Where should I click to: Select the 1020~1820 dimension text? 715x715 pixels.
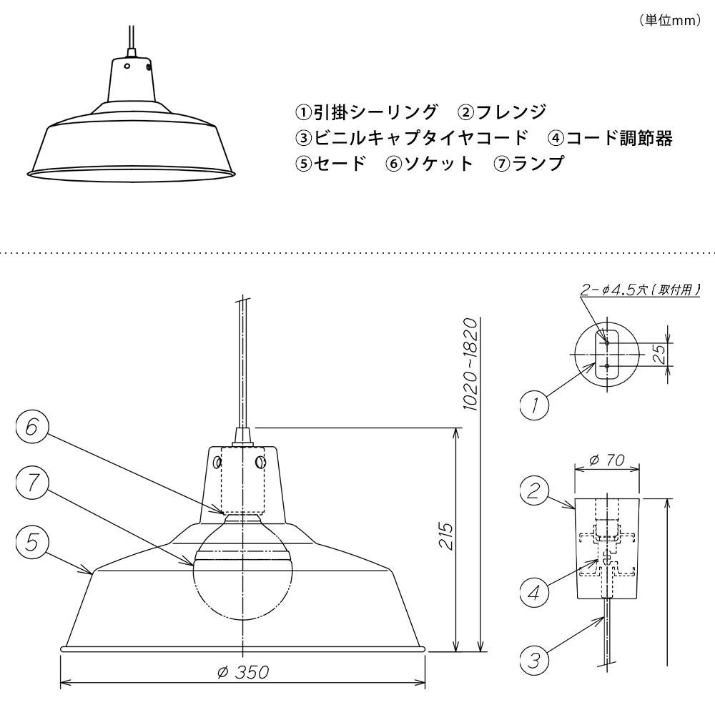click(x=470, y=364)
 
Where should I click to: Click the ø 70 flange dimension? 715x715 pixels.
click(x=607, y=461)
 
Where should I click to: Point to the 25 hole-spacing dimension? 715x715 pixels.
click(x=661, y=353)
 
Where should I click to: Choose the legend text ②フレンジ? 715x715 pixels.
click(x=502, y=112)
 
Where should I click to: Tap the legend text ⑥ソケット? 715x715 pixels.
click(x=429, y=164)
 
